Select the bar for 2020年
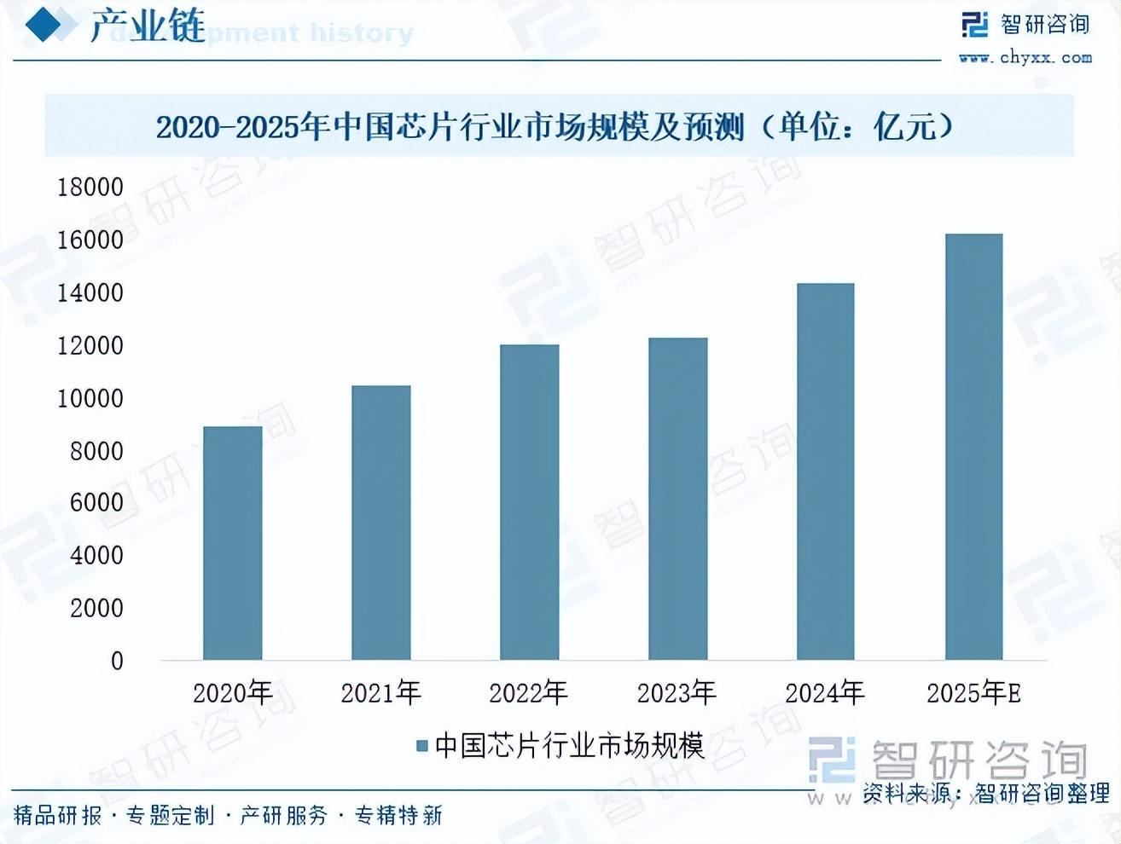(x=232, y=543)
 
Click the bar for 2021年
(x=380, y=523)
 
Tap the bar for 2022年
(x=529, y=502)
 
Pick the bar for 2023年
(x=677, y=499)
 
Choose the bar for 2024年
(x=825, y=471)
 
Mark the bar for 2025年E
(x=973, y=447)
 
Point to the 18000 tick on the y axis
(x=90, y=187)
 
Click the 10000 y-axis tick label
(x=90, y=398)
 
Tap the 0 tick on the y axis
(x=117, y=661)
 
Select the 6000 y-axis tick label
(x=96, y=503)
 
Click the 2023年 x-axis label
(x=677, y=693)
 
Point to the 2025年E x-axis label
(x=973, y=693)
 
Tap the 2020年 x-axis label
(x=232, y=693)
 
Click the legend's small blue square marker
(x=421, y=746)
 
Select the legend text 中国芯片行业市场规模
(x=569, y=746)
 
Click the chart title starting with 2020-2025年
(x=555, y=127)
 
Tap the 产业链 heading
(x=148, y=26)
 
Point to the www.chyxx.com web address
(x=1025, y=58)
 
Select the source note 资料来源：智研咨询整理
(x=985, y=793)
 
